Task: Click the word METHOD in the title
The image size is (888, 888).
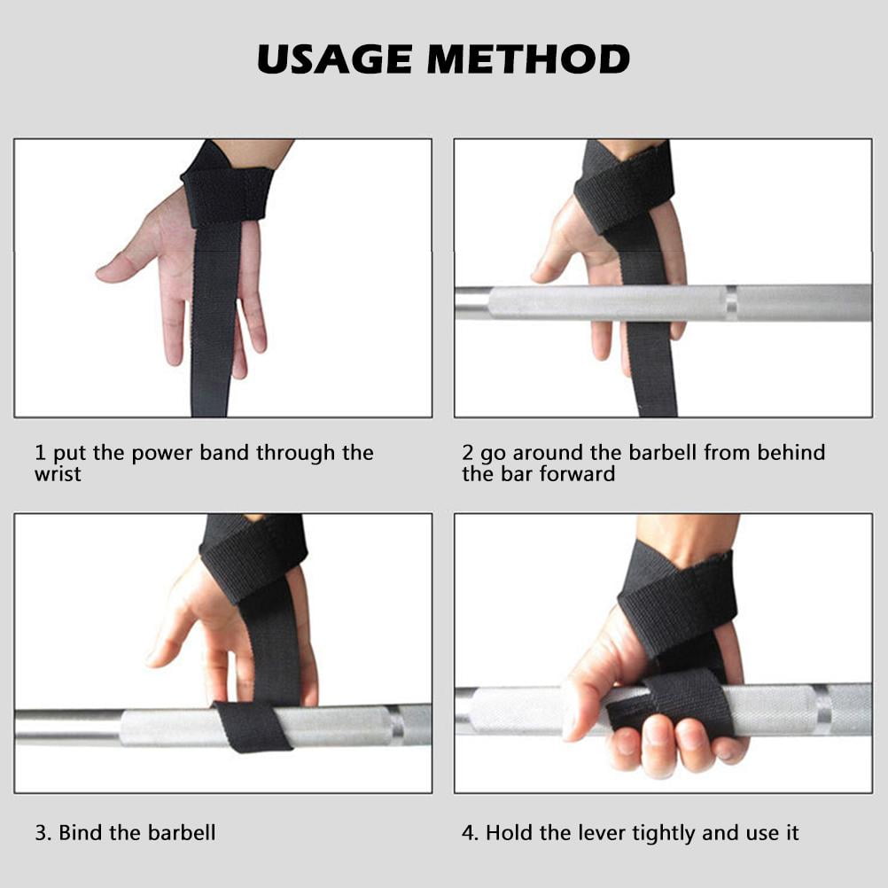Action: click(528, 58)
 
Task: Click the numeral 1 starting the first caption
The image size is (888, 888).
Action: click(40, 454)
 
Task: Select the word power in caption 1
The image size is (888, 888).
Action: click(162, 454)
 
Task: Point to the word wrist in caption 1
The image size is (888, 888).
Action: click(58, 475)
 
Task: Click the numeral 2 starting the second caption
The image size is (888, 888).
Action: click(468, 454)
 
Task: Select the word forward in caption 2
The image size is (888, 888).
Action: click(580, 475)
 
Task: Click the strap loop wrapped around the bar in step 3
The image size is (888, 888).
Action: click(252, 726)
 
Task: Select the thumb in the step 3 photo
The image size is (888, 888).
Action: click(168, 638)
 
